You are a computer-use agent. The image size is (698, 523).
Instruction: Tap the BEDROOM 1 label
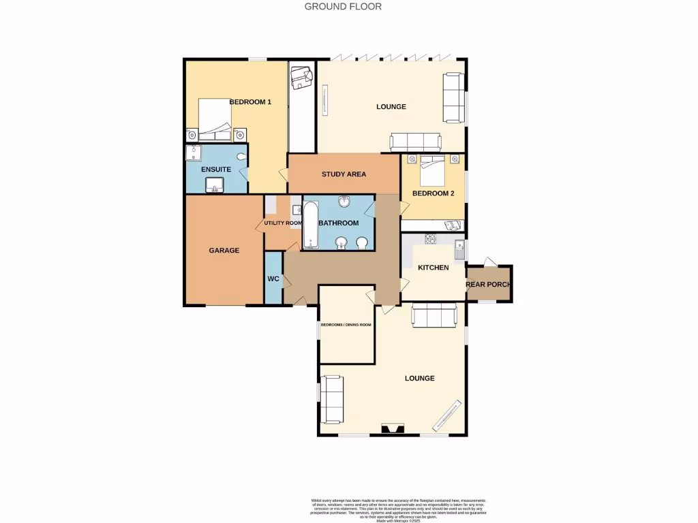point(250,102)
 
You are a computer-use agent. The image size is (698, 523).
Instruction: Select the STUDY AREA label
point(344,174)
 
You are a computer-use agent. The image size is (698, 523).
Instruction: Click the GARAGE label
point(224,251)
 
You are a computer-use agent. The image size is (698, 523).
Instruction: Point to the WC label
point(273,279)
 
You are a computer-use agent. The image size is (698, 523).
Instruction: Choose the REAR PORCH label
point(488,285)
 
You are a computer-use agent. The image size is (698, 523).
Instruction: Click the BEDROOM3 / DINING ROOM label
point(347,325)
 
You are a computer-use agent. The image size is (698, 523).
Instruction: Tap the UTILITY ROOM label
point(283,223)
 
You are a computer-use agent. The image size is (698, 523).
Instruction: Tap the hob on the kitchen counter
point(431,239)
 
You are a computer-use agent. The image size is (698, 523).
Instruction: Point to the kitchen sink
point(460,249)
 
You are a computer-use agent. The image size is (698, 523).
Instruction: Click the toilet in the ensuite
point(238,155)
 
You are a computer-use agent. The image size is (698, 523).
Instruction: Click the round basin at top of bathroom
point(345,202)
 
